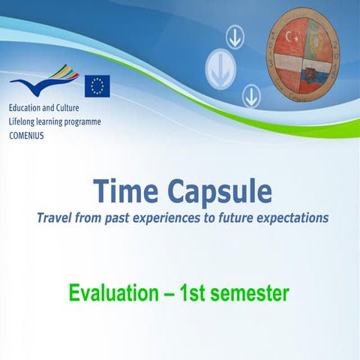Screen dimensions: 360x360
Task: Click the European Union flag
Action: [x=97, y=85]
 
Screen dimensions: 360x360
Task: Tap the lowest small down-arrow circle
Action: [x=250, y=95]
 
